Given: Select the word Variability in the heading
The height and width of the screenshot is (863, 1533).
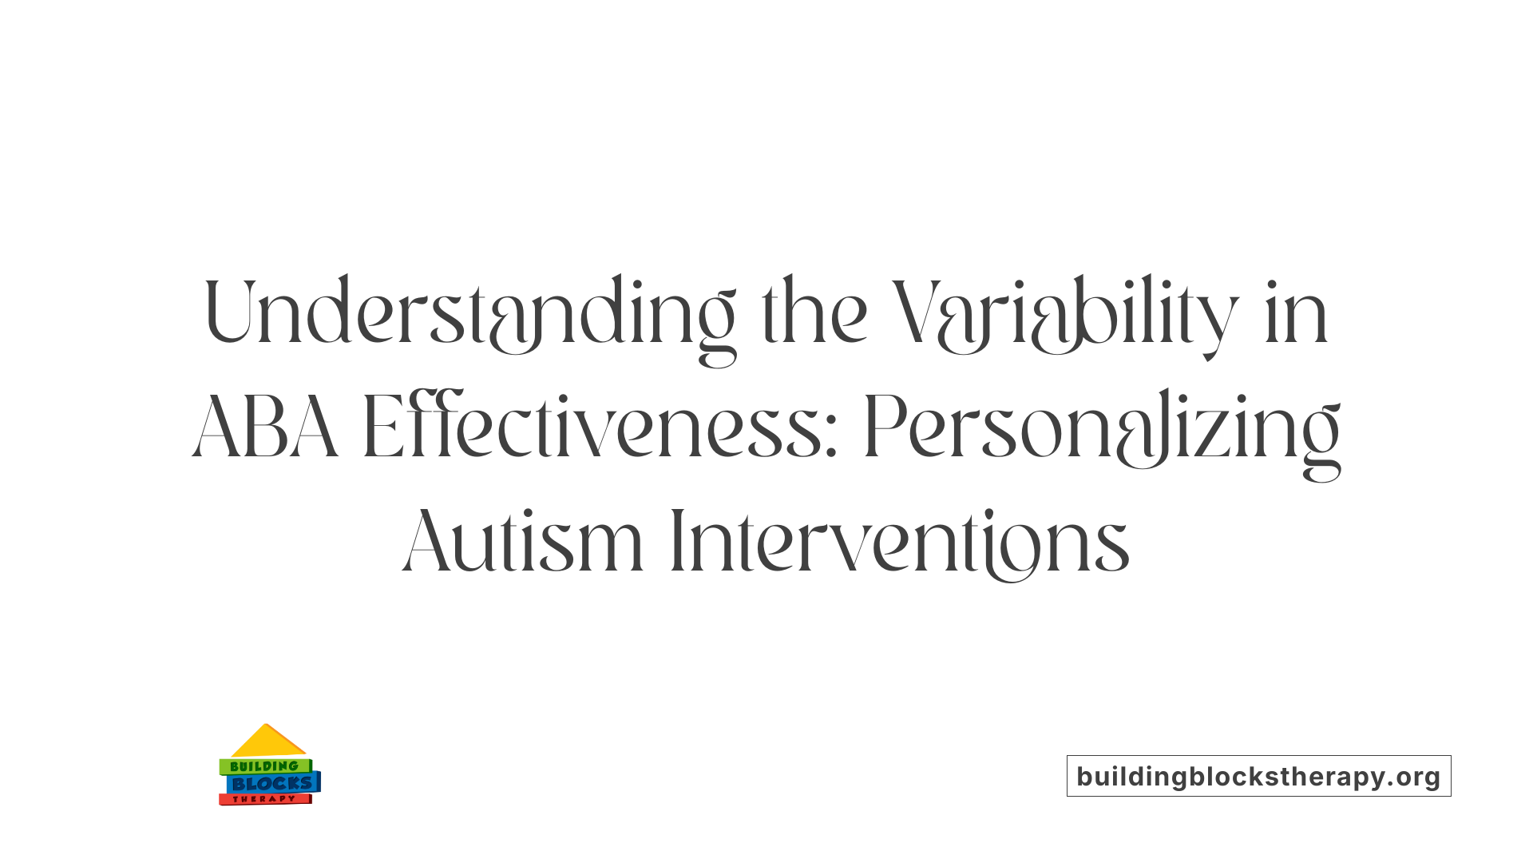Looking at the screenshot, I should pyautogui.click(x=1065, y=313).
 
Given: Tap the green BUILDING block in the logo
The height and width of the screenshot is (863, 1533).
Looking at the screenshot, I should pyautogui.click(x=264, y=766).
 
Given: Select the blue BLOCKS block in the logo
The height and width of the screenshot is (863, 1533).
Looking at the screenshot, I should pyautogui.click(x=272, y=784).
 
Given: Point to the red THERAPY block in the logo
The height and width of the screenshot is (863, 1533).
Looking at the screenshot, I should pyautogui.click(x=264, y=799).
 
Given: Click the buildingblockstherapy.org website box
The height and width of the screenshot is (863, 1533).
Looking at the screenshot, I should pyautogui.click(x=1258, y=776).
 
